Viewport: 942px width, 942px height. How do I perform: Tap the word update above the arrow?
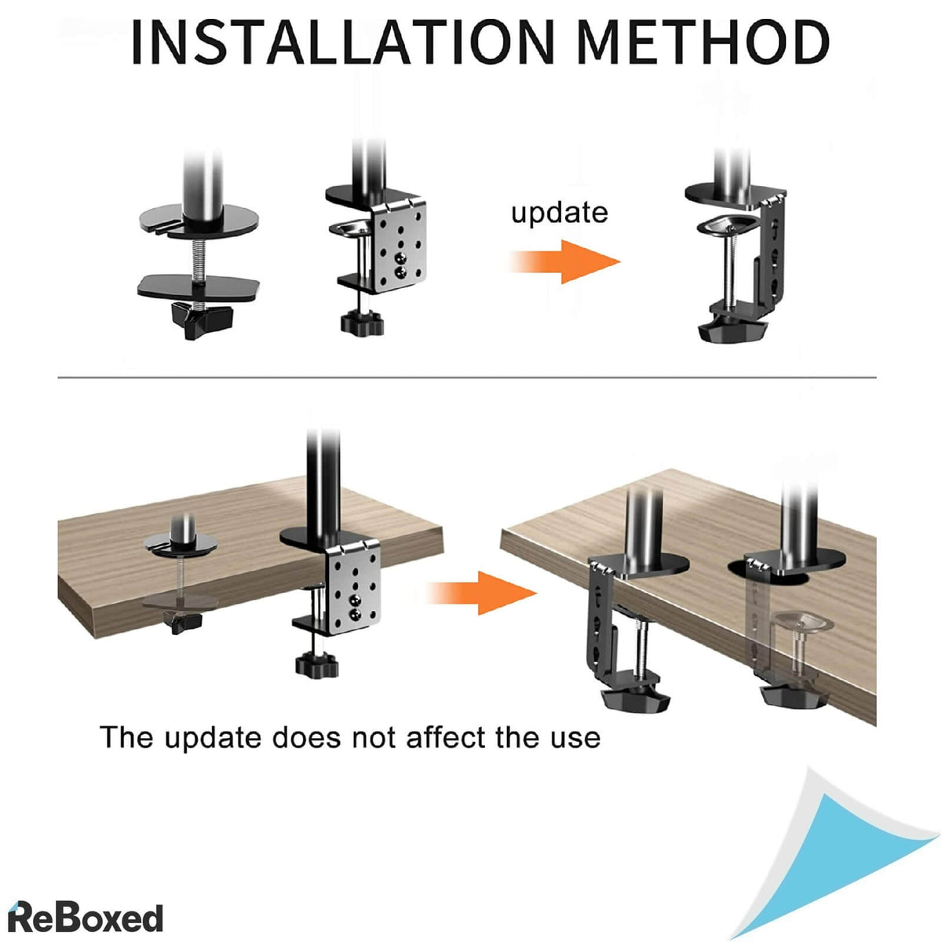[559, 213]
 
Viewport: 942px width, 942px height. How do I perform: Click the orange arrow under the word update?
[565, 261]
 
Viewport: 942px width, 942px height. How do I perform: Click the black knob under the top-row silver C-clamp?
[363, 322]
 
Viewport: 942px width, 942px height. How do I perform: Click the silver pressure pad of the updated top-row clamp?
[730, 226]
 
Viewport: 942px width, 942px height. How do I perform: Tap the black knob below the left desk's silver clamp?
[316, 665]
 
